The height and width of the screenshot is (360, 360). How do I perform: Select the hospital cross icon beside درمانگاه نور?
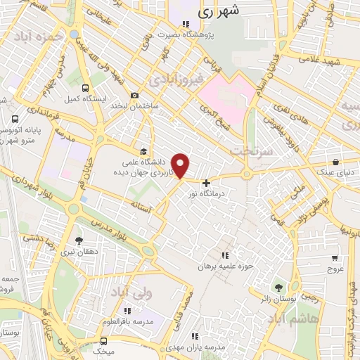pyautogui.click(x=205, y=183)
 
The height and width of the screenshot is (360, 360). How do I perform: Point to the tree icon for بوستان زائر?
pyautogui.click(x=279, y=287)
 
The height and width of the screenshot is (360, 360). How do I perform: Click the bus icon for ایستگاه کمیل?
pyautogui.click(x=85, y=89)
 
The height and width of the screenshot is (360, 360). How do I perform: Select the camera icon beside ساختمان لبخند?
pyautogui.click(x=135, y=96)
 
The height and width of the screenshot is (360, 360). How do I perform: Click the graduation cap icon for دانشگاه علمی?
pyautogui.click(x=143, y=151)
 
